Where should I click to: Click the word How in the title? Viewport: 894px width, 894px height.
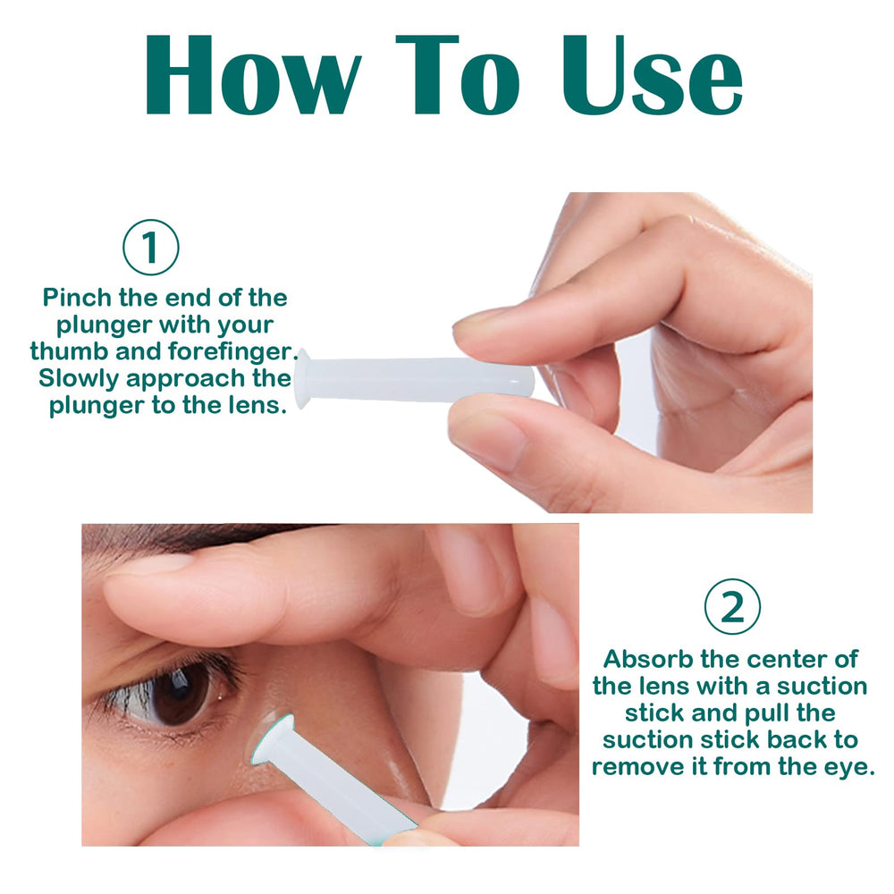tap(250, 77)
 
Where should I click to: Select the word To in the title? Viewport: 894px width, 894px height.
tap(457, 77)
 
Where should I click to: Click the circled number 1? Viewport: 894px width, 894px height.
tap(151, 247)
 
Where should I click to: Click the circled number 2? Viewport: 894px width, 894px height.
tap(732, 607)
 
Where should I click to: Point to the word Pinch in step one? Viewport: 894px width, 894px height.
tap(77, 298)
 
